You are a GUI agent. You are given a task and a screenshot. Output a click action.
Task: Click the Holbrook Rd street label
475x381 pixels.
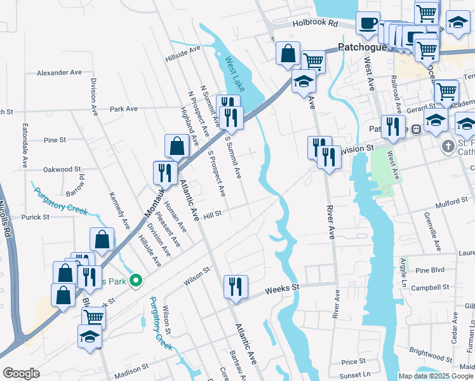(316, 23)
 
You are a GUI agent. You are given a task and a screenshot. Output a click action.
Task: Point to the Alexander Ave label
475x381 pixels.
(59, 73)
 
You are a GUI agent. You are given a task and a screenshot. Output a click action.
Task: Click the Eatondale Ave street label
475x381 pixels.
(25, 145)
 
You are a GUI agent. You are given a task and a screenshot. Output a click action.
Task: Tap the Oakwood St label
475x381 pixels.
(62, 170)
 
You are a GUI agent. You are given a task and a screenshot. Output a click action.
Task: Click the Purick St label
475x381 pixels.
(35, 217)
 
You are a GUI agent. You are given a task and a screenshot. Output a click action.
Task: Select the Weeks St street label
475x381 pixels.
(282, 288)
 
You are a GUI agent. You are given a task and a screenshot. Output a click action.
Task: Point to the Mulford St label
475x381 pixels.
(451, 204)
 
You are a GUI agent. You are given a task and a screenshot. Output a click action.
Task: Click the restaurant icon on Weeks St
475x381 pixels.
(236, 286)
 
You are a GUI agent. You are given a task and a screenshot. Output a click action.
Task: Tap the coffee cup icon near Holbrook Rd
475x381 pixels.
(368, 23)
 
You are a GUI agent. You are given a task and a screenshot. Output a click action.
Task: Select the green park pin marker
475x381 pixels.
(135, 279)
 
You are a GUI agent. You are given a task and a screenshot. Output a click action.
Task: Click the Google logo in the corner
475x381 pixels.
(21, 373)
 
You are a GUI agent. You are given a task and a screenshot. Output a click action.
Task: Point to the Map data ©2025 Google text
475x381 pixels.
(436, 376)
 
